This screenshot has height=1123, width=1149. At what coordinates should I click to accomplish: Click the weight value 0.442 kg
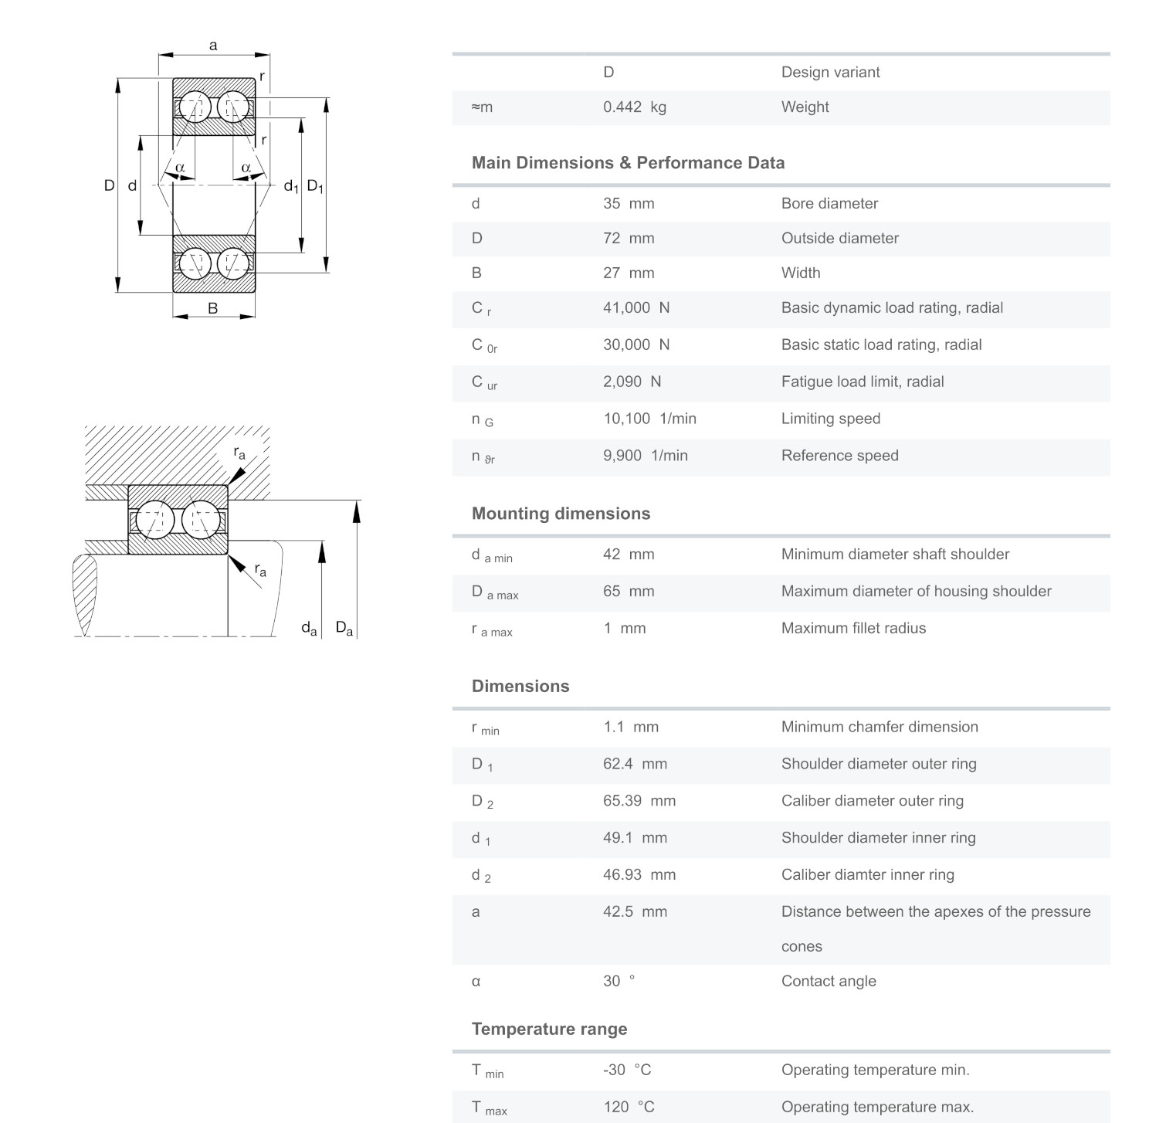point(634,107)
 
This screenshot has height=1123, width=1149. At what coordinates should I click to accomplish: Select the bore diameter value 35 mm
point(628,204)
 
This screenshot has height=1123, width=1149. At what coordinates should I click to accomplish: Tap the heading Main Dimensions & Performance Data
point(628,163)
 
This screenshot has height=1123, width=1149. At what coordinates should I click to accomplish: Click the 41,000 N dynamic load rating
point(636,308)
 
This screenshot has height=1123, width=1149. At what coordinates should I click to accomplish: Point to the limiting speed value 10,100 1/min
point(649,419)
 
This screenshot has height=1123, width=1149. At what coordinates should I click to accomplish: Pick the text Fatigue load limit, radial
point(862,382)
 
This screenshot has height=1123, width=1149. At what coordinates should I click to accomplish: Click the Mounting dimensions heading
point(561,514)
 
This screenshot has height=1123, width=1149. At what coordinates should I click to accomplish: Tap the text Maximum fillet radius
point(852,629)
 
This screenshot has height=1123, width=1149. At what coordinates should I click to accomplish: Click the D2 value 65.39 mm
point(639,801)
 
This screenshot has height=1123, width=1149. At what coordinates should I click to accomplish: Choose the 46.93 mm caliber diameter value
point(639,875)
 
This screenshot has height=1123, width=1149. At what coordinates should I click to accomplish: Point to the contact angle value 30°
point(618,981)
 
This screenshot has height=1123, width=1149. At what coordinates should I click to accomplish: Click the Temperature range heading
point(549,1029)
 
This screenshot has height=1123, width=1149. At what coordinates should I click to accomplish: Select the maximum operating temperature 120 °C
point(628,1107)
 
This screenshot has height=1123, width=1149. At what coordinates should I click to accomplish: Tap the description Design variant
point(830,73)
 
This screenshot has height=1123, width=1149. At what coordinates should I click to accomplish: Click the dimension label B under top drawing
point(213,308)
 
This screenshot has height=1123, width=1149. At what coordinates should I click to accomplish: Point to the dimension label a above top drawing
point(213,46)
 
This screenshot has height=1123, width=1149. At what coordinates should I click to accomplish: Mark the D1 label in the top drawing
point(315,186)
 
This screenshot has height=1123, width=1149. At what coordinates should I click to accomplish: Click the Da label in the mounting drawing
point(344,628)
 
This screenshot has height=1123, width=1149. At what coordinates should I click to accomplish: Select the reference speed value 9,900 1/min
point(645,456)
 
